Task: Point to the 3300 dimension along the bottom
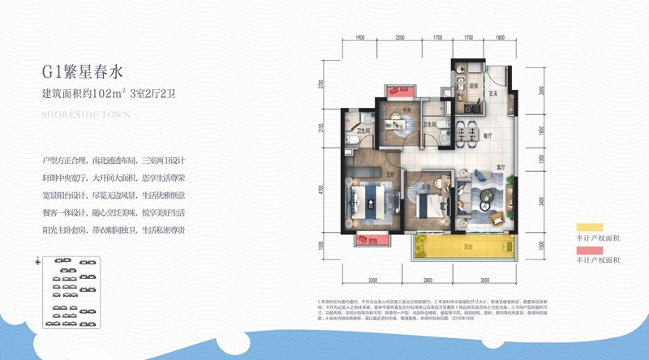pos(372,280)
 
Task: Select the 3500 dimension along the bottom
pos(484,280)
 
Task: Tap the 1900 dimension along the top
pos(362,37)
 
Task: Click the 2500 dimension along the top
pos(400,37)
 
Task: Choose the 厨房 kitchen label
pos(471,83)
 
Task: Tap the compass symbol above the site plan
pos(39,261)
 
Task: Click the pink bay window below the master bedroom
pos(372,240)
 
